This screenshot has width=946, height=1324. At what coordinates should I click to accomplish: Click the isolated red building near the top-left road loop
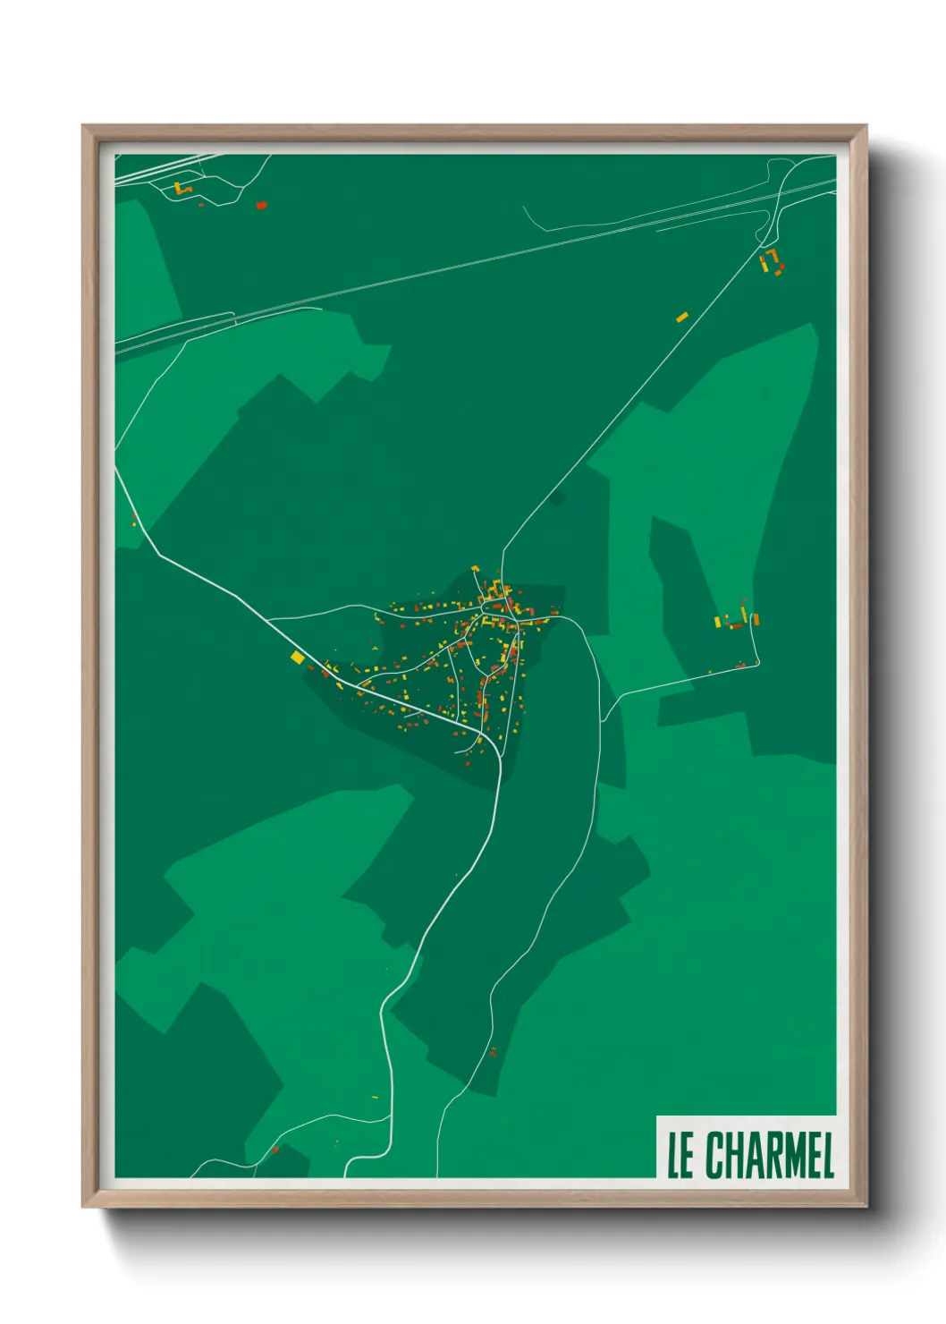(261, 205)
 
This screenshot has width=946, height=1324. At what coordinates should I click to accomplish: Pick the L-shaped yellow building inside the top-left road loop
(181, 189)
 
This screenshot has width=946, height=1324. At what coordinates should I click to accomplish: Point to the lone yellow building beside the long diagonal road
(682, 317)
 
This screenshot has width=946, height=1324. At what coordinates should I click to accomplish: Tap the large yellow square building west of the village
(298, 658)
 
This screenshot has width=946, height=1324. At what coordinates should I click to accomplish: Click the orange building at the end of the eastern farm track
(756, 618)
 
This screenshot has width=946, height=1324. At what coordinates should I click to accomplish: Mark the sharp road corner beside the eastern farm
(759, 663)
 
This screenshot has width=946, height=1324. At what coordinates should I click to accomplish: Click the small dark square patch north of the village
(558, 497)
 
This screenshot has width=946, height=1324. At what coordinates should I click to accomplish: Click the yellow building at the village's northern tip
(476, 569)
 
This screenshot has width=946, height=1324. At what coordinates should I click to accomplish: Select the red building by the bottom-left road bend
(275, 1150)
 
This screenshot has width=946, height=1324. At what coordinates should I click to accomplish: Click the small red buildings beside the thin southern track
(492, 1051)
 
